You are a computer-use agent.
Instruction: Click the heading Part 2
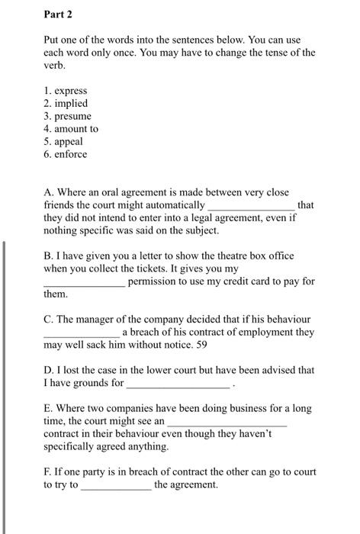(x=58, y=14)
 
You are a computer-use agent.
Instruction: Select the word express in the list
(x=70, y=90)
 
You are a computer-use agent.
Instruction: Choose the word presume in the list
(x=72, y=116)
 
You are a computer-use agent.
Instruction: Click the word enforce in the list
(x=71, y=154)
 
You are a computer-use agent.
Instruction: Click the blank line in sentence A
(x=251, y=207)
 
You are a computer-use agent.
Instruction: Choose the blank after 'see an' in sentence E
(x=227, y=422)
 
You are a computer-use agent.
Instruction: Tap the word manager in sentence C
(x=99, y=319)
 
